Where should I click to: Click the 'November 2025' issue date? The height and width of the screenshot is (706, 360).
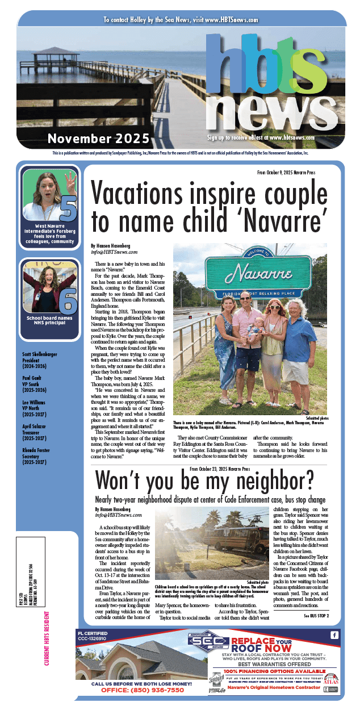99,138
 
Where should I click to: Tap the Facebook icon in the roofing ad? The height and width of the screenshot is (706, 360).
334,634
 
